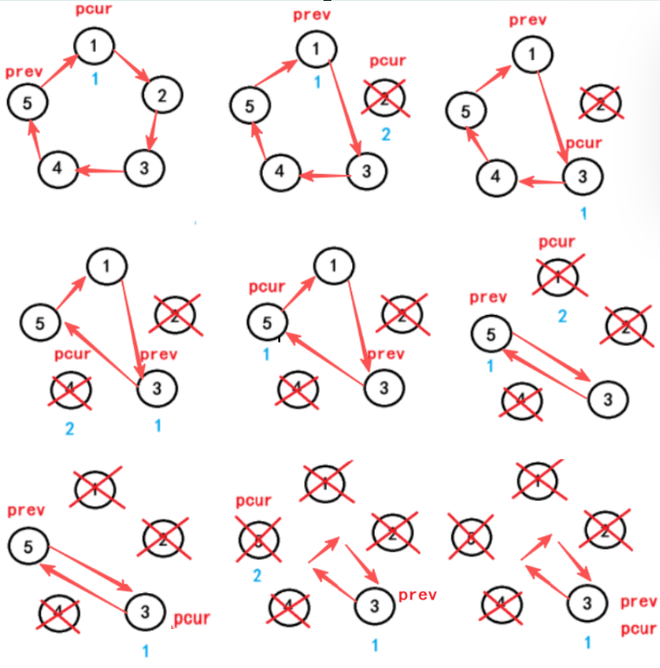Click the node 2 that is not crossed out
pos(160,95)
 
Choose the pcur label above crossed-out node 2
pos(388,61)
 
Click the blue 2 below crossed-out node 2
pos(386,134)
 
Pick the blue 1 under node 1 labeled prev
pos(317,83)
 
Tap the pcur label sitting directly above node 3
pos(583,143)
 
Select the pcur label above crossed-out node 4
pos(72,355)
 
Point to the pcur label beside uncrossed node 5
pos(267,287)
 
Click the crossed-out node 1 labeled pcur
pos(557,277)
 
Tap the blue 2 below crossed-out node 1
pos(562,316)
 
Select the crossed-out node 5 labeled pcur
pos(257,539)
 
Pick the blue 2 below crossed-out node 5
pos(257,575)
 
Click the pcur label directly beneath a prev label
pos(638,629)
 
